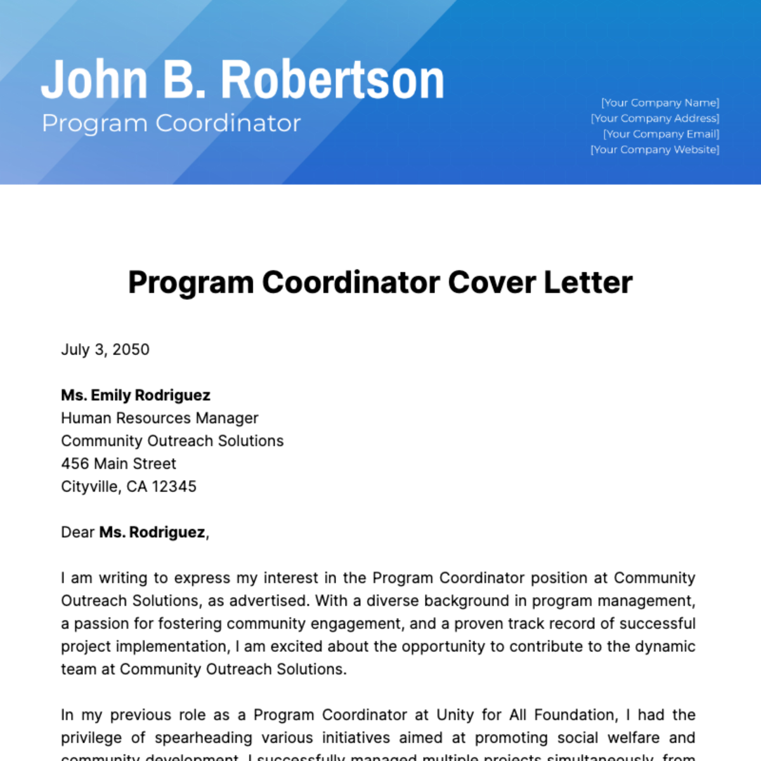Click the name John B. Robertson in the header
pyautogui.click(x=242, y=80)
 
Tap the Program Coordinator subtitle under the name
pyautogui.click(x=171, y=123)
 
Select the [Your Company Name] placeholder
pyautogui.click(x=660, y=103)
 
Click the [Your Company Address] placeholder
pyautogui.click(x=655, y=119)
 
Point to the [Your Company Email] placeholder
pyautogui.click(x=661, y=134)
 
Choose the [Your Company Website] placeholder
pyautogui.click(x=655, y=150)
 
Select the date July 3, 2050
pyautogui.click(x=105, y=349)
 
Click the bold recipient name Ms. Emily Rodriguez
pyautogui.click(x=136, y=395)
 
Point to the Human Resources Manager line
pyautogui.click(x=160, y=418)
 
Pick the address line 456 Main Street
pyautogui.click(x=119, y=464)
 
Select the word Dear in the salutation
pyautogui.click(x=77, y=532)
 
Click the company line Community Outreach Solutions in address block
pyautogui.click(x=172, y=441)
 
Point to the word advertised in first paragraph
pyautogui.click(x=269, y=601)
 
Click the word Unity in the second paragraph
pyautogui.click(x=455, y=715)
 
